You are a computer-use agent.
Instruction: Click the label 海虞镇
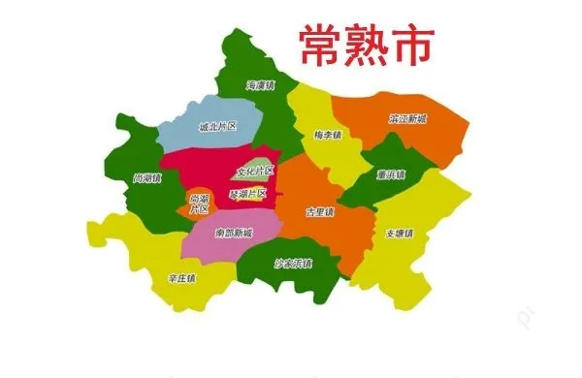(x=261, y=84)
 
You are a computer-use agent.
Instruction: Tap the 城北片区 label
(x=217, y=126)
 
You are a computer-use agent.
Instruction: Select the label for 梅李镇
(x=328, y=134)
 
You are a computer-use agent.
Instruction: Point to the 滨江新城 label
(x=407, y=119)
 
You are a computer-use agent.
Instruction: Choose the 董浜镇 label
(x=390, y=174)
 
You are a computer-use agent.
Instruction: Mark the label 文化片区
(x=255, y=172)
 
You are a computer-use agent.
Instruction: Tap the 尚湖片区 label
(x=199, y=203)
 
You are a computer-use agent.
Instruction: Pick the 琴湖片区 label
(x=247, y=194)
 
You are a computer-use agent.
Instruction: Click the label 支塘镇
(x=399, y=234)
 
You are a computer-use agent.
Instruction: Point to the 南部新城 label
(x=234, y=234)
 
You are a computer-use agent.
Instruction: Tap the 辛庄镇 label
(x=181, y=278)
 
